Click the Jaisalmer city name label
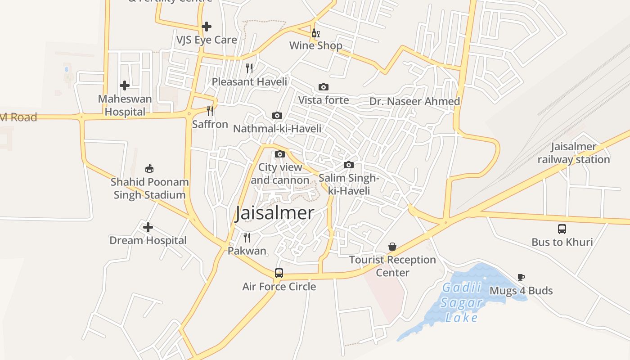tap(274, 213)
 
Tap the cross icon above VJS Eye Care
tap(207, 27)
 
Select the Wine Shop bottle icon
tap(315, 33)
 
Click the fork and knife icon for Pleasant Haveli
tap(249, 68)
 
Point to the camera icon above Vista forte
tap(323, 87)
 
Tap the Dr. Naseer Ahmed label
tap(414, 101)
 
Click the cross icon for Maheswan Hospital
tap(125, 85)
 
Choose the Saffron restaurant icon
tap(210, 111)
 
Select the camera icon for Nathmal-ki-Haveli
tap(277, 116)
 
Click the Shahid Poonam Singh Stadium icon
tap(149, 169)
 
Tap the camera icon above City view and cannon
tap(279, 154)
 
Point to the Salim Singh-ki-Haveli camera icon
tap(348, 165)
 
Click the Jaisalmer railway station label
tap(574, 153)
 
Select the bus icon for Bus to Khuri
tap(562, 229)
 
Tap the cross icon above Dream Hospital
tap(148, 227)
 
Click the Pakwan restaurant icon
tap(247, 237)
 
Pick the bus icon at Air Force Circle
tap(279, 273)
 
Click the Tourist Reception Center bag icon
tap(392, 247)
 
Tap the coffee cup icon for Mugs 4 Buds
tap(521, 277)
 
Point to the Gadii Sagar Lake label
tap(461, 302)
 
